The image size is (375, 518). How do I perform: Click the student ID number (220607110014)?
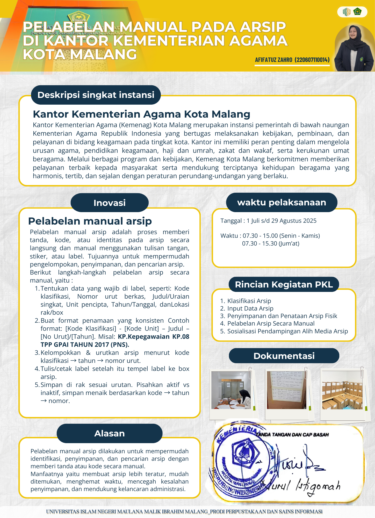pyautogui.click(x=312, y=60)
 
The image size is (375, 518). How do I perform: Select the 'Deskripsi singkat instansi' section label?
pyautogui.click(x=96, y=95)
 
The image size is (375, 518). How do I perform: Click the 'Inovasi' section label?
pyautogui.click(x=110, y=203)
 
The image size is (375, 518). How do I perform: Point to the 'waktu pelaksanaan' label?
pyautogui.click(x=282, y=202)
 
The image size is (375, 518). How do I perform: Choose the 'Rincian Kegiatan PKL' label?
pyautogui.click(x=284, y=284)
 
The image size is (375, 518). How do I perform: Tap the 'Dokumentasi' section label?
pyautogui.click(x=284, y=356)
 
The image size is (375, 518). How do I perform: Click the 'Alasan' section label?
pyautogui.click(x=110, y=433)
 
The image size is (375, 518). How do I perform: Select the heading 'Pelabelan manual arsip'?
pyautogui.click(x=90, y=221)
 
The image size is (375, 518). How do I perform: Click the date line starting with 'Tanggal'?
pyautogui.click(x=268, y=221)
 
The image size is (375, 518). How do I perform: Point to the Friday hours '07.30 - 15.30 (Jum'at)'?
pyautogui.click(x=271, y=243)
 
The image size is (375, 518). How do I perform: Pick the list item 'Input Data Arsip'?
pyautogui.click(x=250, y=308)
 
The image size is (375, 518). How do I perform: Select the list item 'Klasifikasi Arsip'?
pyautogui.click(x=249, y=301)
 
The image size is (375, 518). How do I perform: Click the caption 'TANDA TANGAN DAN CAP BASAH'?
pyautogui.click(x=292, y=435)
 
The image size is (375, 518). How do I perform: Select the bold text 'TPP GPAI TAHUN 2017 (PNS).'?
pyautogui.click(x=85, y=345)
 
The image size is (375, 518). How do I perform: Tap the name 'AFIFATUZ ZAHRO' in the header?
pyautogui.click(x=273, y=60)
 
